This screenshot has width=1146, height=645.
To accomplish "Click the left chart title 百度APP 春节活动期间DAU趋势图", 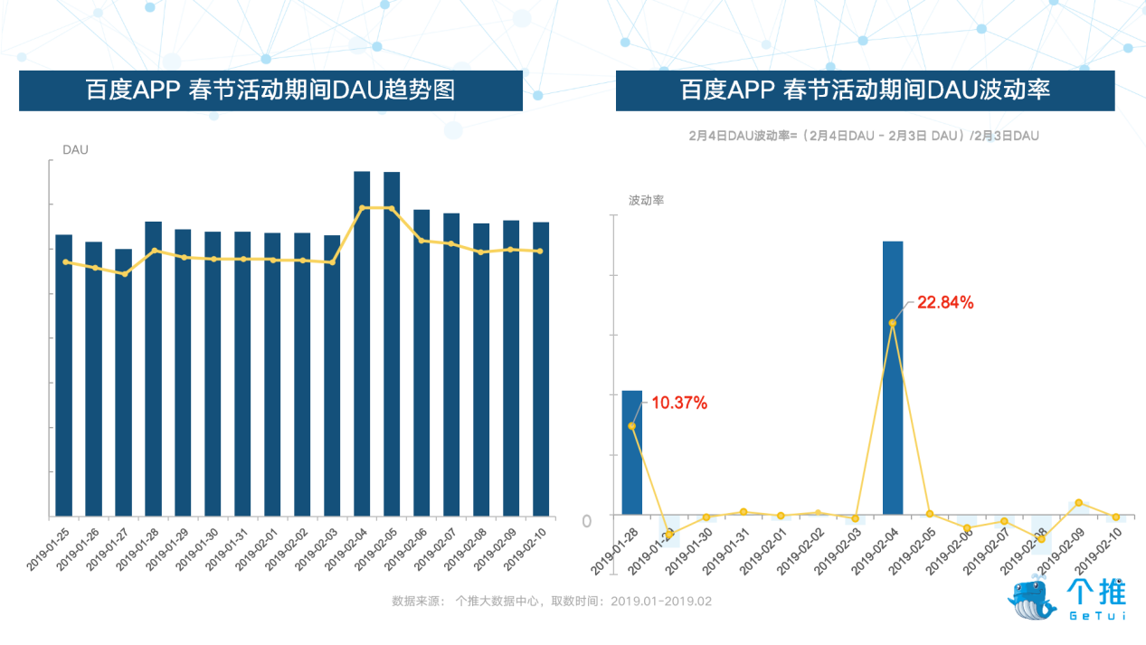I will click(x=270, y=90).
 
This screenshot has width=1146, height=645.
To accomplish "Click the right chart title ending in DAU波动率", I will click(x=865, y=90).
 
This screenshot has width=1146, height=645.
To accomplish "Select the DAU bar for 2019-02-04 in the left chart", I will click(x=362, y=344).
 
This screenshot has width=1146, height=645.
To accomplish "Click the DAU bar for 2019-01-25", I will click(x=63, y=375).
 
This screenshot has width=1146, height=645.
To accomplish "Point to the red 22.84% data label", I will click(x=945, y=303).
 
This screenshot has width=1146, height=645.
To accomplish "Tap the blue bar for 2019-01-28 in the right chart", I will click(x=632, y=452).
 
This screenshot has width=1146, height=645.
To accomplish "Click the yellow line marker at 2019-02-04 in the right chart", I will click(x=893, y=323).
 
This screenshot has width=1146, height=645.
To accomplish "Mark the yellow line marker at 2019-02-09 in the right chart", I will click(x=1079, y=503).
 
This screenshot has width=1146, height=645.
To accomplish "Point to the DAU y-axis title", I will click(x=75, y=150).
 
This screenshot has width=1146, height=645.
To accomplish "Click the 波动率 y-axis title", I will click(x=647, y=200).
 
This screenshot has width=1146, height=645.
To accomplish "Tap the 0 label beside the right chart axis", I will click(x=587, y=521).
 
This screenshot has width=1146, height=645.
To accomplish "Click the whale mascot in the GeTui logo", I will click(x=1032, y=596).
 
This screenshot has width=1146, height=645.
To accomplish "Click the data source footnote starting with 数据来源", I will click(x=552, y=601).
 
